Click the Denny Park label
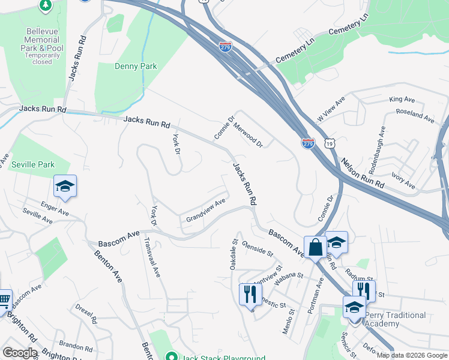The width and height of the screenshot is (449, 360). coord(136,66)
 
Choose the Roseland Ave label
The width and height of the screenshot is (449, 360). coord(414,116)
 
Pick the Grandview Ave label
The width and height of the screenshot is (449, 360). coord(205,210)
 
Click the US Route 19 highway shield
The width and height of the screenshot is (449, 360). coord(328,143)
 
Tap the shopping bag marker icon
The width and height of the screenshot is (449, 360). coord(315,247)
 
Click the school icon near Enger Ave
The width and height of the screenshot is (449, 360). coord(65,187)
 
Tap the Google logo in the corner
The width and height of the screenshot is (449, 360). coord(20,352)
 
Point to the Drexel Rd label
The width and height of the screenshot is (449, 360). coord(85,313)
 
